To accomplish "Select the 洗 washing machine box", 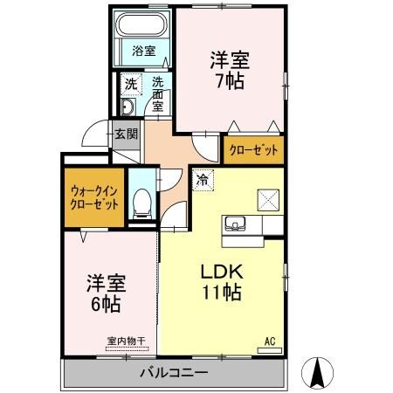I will point(129,85).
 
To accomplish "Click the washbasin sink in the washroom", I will point(128,108).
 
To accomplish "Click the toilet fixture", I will point(142,206).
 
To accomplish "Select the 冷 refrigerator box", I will point(202,181).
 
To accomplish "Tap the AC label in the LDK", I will point(269,341).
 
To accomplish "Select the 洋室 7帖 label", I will point(230,70).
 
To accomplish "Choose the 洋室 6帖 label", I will point(106,294).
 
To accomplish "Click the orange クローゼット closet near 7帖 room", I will point(254,150).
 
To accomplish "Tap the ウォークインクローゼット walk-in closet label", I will point(92,197).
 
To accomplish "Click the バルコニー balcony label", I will point(173,373).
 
